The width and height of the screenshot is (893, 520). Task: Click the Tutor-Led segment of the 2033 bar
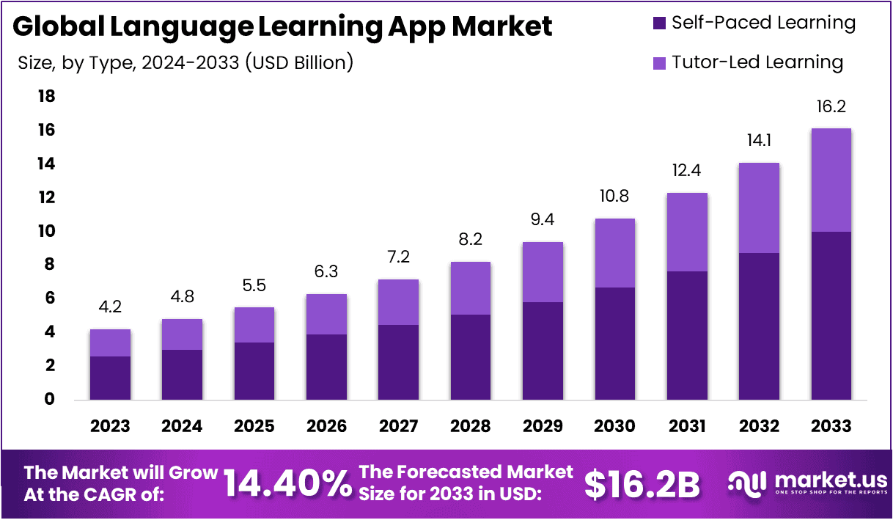[831, 180]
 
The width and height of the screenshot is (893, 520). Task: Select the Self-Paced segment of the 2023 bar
[110, 378]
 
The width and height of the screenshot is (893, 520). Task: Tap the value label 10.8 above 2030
[614, 197]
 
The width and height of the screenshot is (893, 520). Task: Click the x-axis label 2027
[398, 426]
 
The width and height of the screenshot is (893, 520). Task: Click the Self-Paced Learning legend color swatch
[658, 23]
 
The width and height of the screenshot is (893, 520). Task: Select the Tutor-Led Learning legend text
[757, 62]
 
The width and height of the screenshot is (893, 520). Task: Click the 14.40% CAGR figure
[287, 484]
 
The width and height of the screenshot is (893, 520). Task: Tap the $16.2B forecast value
[642, 484]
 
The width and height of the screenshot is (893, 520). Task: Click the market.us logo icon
[749, 482]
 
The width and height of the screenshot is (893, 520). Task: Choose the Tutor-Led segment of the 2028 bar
[470, 288]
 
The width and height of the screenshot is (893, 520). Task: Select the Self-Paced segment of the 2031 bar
[687, 335]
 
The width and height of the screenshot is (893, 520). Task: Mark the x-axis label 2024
[182, 426]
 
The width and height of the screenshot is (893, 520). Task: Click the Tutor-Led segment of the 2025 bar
[254, 324]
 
